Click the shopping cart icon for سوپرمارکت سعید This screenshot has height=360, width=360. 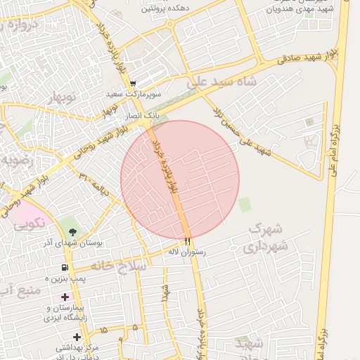pyautogui.click(x=133, y=84)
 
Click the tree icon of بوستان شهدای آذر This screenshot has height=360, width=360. pyautogui.click(x=73, y=231)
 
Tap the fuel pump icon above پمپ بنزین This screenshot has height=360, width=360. pyautogui.click(x=64, y=268)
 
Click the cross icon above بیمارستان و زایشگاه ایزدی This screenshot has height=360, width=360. pyautogui.click(x=65, y=298)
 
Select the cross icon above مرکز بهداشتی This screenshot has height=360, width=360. pyautogui.click(x=77, y=337)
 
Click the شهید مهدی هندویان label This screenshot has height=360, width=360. pyautogui.click(x=298, y=9)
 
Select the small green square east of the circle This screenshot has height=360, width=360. pyautogui.click(x=244, y=205)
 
